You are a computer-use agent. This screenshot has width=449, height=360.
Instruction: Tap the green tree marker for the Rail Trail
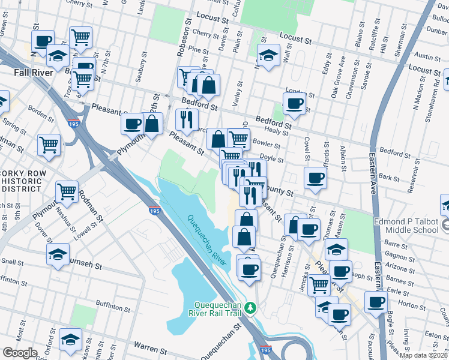[x=253, y=308]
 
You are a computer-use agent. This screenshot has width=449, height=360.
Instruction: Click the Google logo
[x=20, y=352]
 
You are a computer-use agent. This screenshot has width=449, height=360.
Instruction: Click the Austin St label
[x=428, y=56]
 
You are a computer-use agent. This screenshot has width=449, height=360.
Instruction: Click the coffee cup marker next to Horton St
[x=376, y=302]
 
